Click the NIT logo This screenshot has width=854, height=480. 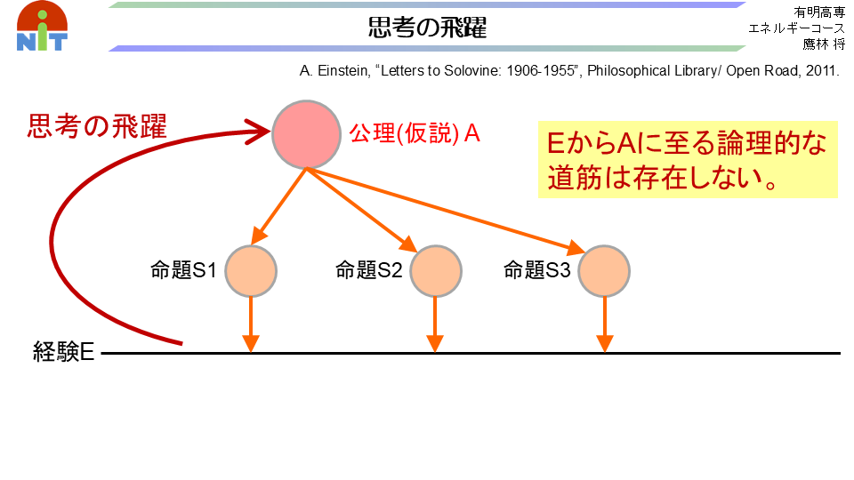(42, 26)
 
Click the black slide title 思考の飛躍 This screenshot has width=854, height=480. (427, 28)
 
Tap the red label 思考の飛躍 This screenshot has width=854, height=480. (97, 126)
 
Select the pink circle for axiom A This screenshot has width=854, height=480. (306, 134)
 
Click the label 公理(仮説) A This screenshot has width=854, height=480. (415, 133)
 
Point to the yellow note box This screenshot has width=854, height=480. (688, 159)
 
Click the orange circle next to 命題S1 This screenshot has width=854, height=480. (251, 271)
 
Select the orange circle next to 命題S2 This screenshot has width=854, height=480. (436, 271)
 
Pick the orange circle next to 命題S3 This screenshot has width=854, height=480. (604, 271)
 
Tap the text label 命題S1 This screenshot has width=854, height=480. (183, 270)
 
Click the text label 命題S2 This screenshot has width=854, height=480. (368, 270)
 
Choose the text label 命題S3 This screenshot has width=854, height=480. (537, 270)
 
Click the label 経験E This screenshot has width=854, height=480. (64, 352)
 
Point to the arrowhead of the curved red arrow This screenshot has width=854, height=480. (259, 132)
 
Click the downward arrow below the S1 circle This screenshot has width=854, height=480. (251, 325)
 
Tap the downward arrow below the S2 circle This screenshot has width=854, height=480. (435, 325)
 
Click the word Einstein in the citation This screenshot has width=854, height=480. (343, 71)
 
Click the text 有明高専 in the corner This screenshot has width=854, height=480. (818, 12)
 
